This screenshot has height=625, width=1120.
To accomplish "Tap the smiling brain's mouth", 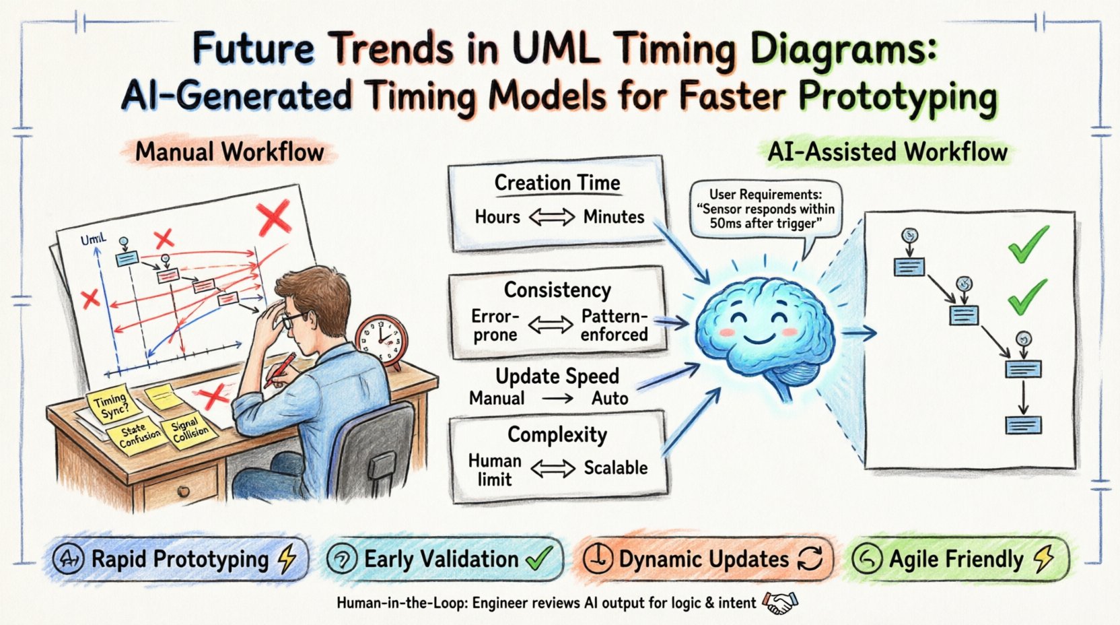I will (x=753, y=335).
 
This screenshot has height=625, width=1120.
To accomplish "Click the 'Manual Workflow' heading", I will (x=230, y=152).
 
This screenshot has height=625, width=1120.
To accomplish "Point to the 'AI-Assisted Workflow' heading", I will (x=887, y=152).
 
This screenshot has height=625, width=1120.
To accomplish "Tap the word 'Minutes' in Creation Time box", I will (x=613, y=217).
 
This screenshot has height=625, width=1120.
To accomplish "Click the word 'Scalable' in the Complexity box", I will (x=615, y=467).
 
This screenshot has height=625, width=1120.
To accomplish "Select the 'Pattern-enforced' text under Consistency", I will (x=614, y=325).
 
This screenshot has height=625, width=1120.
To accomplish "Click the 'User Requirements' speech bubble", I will (x=765, y=209).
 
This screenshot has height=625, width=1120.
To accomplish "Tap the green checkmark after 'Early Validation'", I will (x=538, y=558).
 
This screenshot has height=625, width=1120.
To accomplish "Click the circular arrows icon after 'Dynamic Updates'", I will (x=810, y=558).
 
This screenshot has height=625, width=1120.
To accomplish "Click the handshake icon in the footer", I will (x=779, y=602).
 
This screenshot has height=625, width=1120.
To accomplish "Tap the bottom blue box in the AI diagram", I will (x=1023, y=425).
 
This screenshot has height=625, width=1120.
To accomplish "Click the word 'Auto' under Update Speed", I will (x=610, y=398).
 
